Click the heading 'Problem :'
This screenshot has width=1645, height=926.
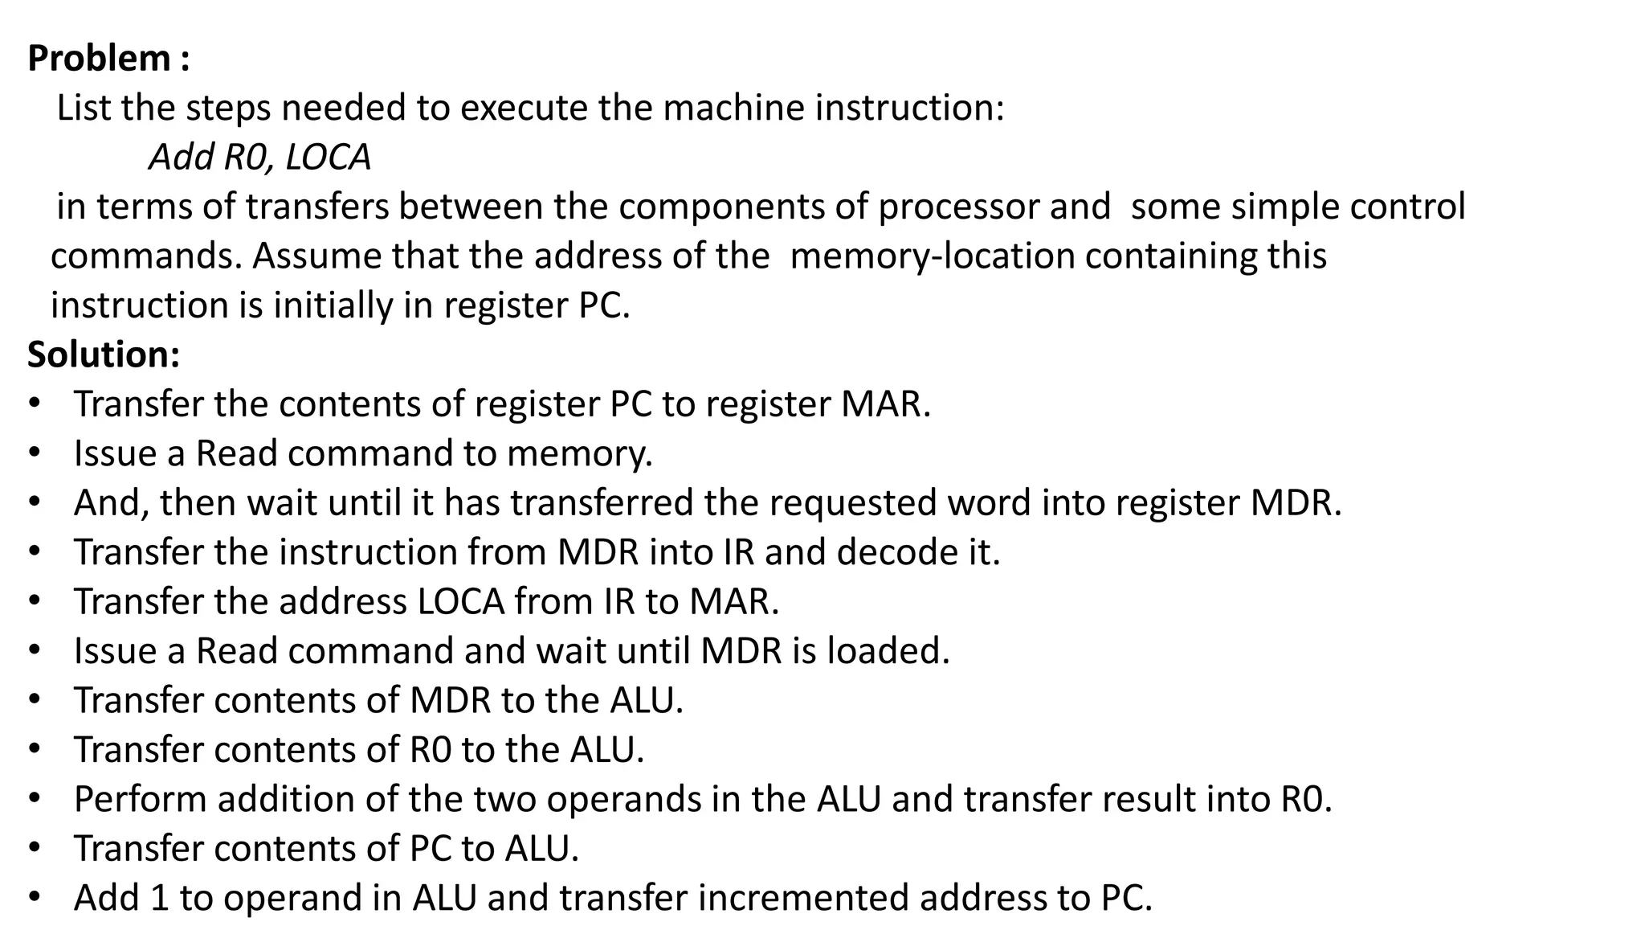[108, 59]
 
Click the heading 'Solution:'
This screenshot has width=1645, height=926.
[104, 354]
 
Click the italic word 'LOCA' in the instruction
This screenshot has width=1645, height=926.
[328, 158]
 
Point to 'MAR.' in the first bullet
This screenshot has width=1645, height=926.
[885, 404]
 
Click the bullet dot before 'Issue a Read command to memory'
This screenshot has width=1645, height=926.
[34, 454]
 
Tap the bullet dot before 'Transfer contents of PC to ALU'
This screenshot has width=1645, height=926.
[34, 849]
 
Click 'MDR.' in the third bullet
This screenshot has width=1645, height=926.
[1296, 503]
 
